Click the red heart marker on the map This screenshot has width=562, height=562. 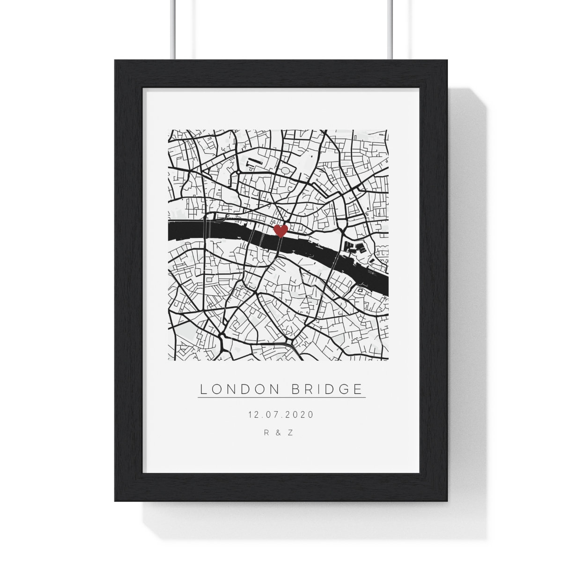click(280, 230)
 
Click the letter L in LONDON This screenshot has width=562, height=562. click(203, 389)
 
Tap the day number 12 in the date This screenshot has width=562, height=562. click(253, 414)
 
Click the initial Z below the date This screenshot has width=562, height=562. click(290, 433)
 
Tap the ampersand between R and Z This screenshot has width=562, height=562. click(278, 433)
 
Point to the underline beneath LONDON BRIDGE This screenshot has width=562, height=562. click(281, 398)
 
